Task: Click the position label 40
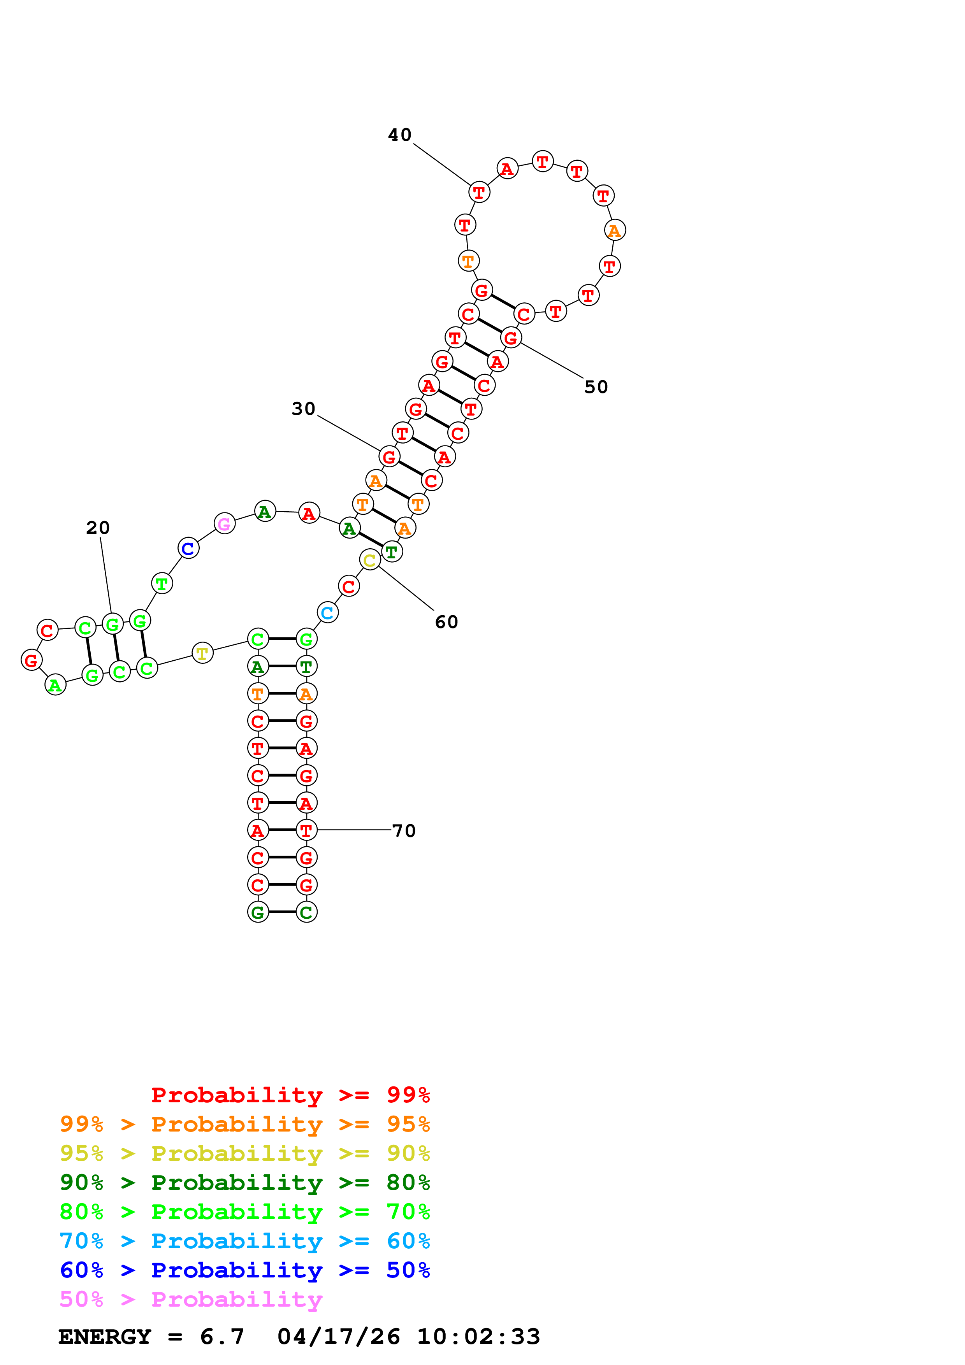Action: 399,135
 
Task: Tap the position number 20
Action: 97,528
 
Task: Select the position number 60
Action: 446,623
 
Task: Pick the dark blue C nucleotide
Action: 188,549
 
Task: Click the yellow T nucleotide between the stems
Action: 202,653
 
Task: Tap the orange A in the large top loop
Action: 615,231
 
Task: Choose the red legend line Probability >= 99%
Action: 291,1095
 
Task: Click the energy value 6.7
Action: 222,1337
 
